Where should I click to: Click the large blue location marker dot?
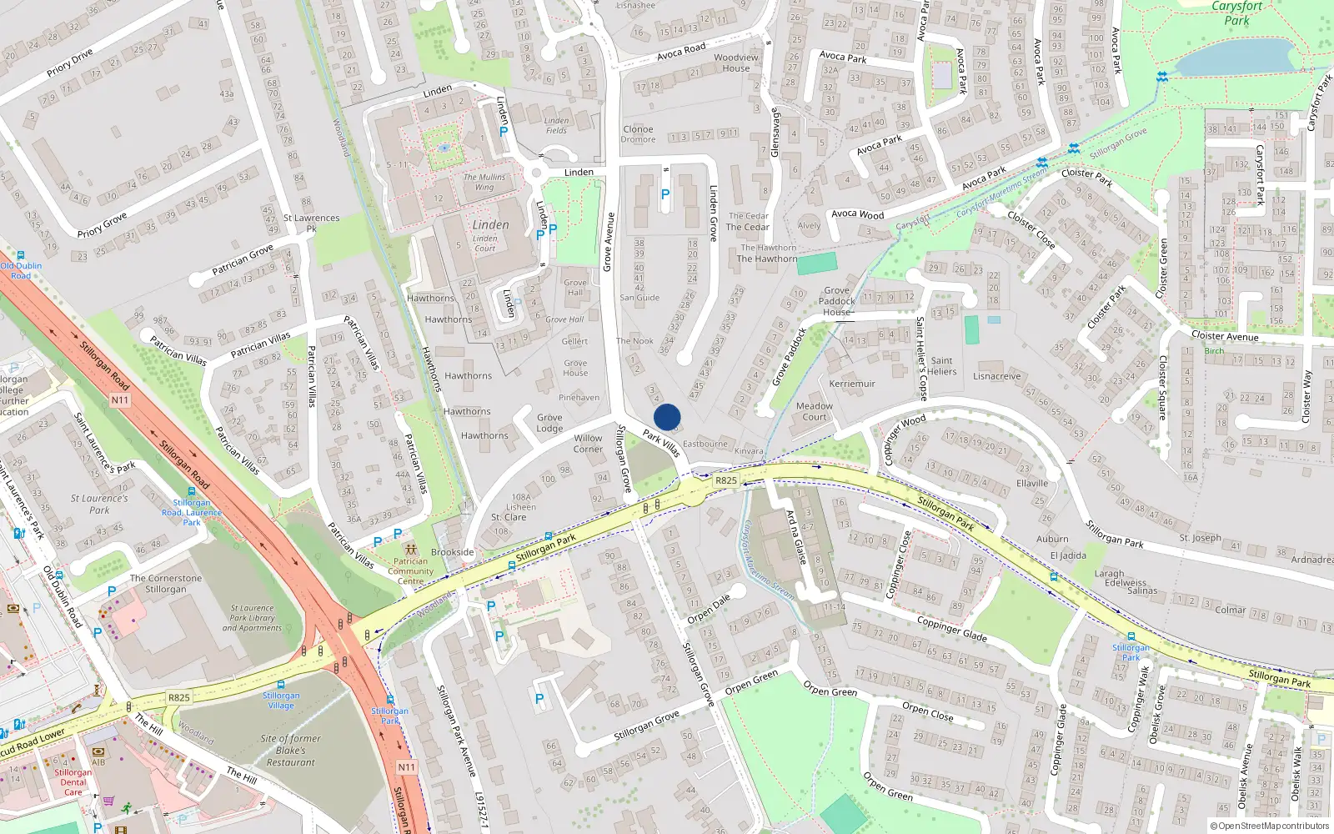point(667,417)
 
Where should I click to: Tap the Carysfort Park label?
point(1236,13)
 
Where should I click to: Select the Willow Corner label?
point(588,444)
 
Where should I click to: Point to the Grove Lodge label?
point(549,423)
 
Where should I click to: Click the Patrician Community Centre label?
point(410,571)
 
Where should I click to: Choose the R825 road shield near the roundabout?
point(726,480)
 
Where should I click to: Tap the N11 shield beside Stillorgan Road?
point(120,400)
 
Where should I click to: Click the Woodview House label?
point(736,63)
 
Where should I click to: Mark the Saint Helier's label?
point(942,366)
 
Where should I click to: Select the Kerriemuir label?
point(852,384)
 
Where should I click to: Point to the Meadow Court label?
point(815,412)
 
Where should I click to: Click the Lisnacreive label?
point(996,376)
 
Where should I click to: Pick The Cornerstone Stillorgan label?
point(166,584)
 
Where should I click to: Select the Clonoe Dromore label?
point(638,133)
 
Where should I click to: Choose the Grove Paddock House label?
point(837,301)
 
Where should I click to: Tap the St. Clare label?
point(509,517)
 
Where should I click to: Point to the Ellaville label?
point(1032,484)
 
